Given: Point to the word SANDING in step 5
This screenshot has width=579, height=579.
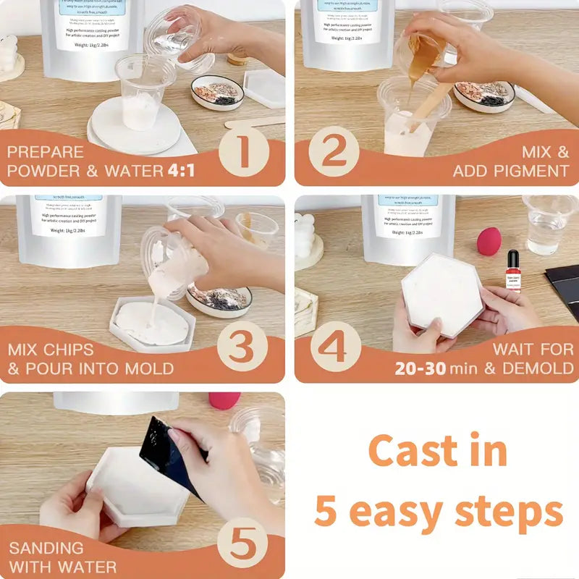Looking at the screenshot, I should (46, 547).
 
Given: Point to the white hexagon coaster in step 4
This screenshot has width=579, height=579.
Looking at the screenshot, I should (443, 294).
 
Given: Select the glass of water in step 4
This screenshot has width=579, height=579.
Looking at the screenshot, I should (547, 224).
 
